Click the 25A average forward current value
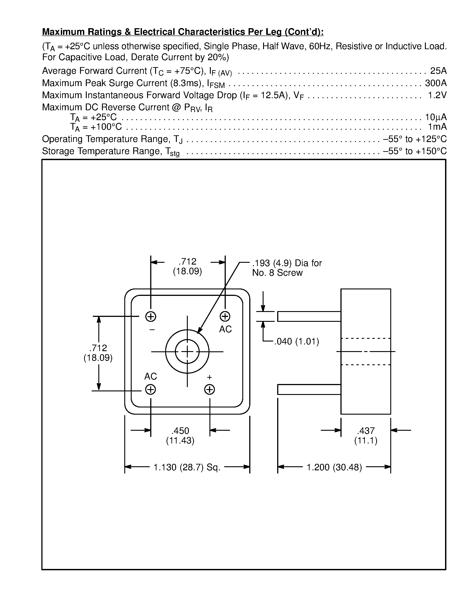click(x=438, y=71)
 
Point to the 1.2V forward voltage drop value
click(x=437, y=95)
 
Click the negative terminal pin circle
click(x=151, y=316)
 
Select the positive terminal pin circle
click(x=209, y=390)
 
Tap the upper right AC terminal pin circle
click(x=225, y=316)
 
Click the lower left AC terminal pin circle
click(x=151, y=390)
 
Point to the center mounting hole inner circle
click(x=187, y=352)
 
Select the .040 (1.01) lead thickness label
click(x=297, y=341)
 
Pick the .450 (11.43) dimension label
click(x=180, y=436)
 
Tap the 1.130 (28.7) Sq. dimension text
click(x=187, y=467)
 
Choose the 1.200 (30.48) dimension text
click(x=334, y=467)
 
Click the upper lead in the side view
click(x=309, y=316)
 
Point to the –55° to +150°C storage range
click(x=415, y=151)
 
